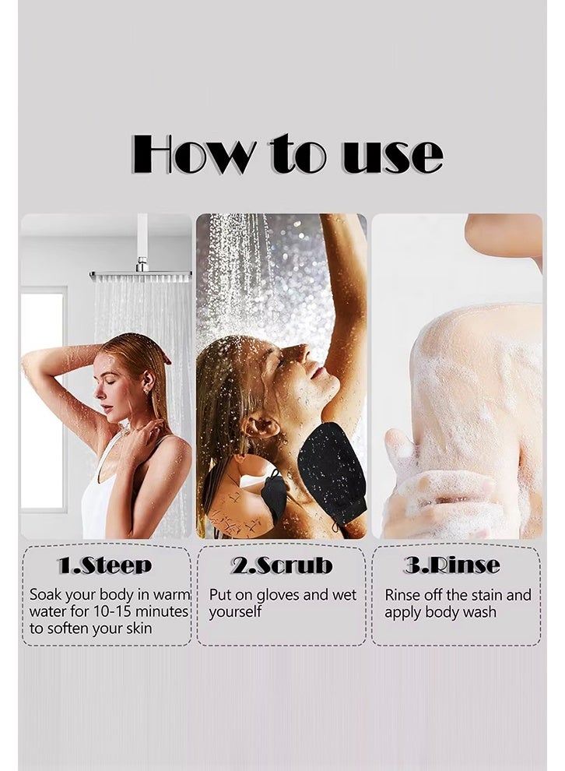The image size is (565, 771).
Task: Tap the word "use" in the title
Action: click(392, 156)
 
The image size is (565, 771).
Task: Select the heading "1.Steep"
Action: click(104, 565)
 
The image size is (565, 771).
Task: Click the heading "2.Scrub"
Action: click(282, 565)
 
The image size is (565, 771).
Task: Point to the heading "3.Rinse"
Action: click(452, 565)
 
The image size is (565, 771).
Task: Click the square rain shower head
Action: click(141, 276)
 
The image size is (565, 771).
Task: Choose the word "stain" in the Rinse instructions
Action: click(485, 596)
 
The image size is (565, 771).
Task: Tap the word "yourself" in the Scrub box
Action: click(235, 613)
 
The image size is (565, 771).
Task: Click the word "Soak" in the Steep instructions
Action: click(46, 595)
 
